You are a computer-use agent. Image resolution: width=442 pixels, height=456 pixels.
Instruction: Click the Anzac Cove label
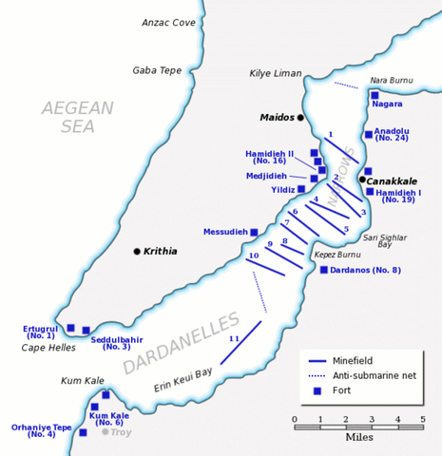pyautogui.click(x=168, y=22)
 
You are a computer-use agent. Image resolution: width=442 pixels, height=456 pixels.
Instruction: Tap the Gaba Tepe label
pyautogui.click(x=157, y=70)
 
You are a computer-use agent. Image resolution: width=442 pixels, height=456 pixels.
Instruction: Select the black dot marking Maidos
pyautogui.click(x=300, y=118)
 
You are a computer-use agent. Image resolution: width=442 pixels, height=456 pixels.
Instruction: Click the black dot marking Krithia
pyautogui.click(x=137, y=252)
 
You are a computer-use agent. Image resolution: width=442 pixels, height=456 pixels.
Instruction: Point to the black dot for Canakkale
pyautogui.click(x=362, y=180)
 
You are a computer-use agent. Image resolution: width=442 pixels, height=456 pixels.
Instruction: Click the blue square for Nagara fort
pyautogui.click(x=375, y=96)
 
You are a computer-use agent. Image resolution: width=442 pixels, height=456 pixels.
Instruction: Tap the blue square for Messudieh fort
pyautogui.click(x=254, y=232)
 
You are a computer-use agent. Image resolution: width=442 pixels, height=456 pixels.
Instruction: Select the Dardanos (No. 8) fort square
pyautogui.click(x=323, y=270)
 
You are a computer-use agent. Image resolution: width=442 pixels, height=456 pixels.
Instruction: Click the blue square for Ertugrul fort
pyautogui.click(x=70, y=328)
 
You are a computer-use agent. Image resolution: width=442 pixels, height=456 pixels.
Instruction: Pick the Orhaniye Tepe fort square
pyautogui.click(x=83, y=432)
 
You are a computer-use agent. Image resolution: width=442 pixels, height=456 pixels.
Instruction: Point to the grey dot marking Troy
pyautogui.click(x=105, y=431)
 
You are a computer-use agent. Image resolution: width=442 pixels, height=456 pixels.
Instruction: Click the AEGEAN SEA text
pyautogui.click(x=78, y=119)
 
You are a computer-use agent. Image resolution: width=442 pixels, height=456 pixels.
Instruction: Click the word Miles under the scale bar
pyautogui.click(x=358, y=440)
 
